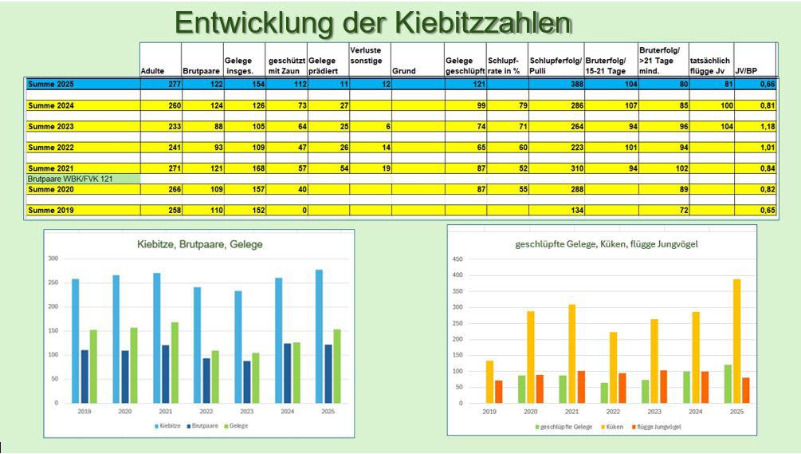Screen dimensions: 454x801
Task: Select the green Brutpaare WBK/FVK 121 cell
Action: coord(82,179)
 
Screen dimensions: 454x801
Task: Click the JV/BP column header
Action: coord(747,71)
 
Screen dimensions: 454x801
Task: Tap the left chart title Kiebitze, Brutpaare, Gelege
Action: coord(199,244)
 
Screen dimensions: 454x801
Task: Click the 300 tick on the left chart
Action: coord(53,259)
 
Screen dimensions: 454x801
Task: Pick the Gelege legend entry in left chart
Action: coord(236,426)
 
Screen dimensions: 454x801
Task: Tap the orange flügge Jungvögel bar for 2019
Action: coord(498,391)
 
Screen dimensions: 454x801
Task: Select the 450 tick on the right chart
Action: coord(457,259)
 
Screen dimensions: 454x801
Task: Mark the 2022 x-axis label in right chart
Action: coord(613,412)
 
